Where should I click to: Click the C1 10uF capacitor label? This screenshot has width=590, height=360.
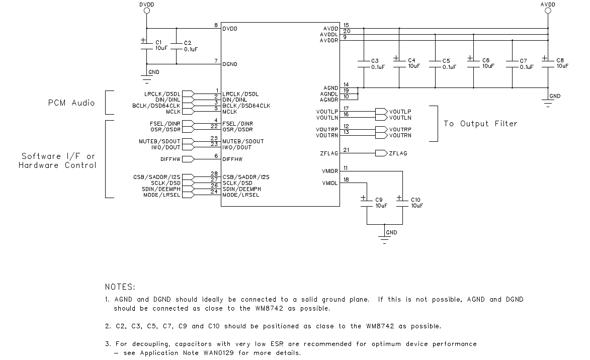[161, 45]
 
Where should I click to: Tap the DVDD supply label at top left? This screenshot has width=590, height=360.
[146, 5]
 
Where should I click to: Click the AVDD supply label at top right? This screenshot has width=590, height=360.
[548, 5]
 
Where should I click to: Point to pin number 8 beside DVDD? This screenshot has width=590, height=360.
[216, 25]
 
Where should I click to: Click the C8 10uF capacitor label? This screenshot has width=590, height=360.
[562, 63]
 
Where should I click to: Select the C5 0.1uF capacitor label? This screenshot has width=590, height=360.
[449, 63]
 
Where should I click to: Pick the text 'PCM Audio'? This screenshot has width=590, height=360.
[71, 103]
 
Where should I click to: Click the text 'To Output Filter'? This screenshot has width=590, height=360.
[480, 124]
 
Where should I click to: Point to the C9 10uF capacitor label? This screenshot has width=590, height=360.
[380, 203]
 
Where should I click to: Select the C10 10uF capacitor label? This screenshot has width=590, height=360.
[416, 203]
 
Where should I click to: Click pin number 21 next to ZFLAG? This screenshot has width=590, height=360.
[346, 149]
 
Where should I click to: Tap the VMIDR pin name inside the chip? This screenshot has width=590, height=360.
[329, 171]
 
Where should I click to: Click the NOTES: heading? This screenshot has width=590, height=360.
[120, 287]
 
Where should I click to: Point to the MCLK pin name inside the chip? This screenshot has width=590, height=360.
[230, 112]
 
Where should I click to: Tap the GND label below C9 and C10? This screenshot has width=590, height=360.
[391, 233]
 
